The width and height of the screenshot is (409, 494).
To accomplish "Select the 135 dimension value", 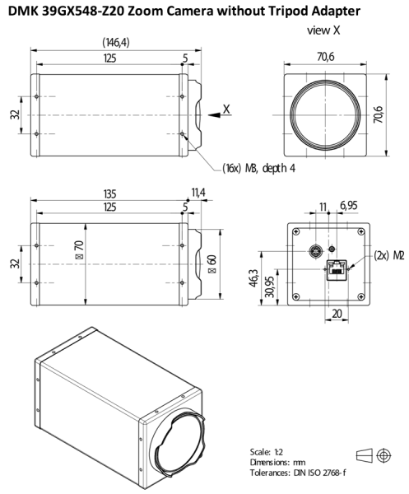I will (109, 194).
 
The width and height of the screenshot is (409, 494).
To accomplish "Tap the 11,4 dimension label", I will (199, 194).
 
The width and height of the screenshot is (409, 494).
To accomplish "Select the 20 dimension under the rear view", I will (337, 314).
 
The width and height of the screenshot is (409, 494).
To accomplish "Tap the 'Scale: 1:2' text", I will (269, 452).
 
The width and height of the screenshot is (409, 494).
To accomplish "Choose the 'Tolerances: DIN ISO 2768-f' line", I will (301, 475).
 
